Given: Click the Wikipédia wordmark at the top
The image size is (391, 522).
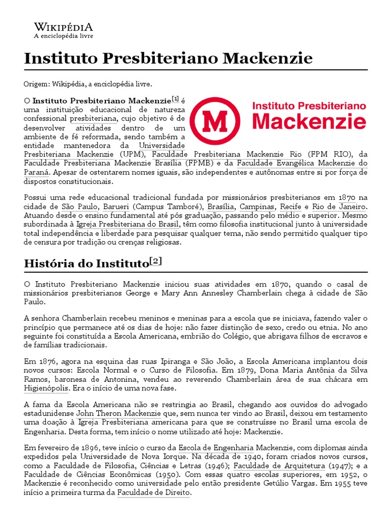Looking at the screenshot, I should click(x=63, y=27).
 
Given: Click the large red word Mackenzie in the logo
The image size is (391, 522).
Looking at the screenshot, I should click(x=309, y=122).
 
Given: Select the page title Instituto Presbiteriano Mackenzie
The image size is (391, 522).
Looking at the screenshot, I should click(x=168, y=59).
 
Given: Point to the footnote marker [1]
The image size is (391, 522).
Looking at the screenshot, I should click(x=176, y=99).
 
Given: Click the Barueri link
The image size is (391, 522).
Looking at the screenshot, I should click(x=116, y=206).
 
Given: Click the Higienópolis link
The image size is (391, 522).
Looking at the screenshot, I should click(x=46, y=387).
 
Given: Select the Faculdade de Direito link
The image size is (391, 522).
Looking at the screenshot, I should click(x=153, y=493).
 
